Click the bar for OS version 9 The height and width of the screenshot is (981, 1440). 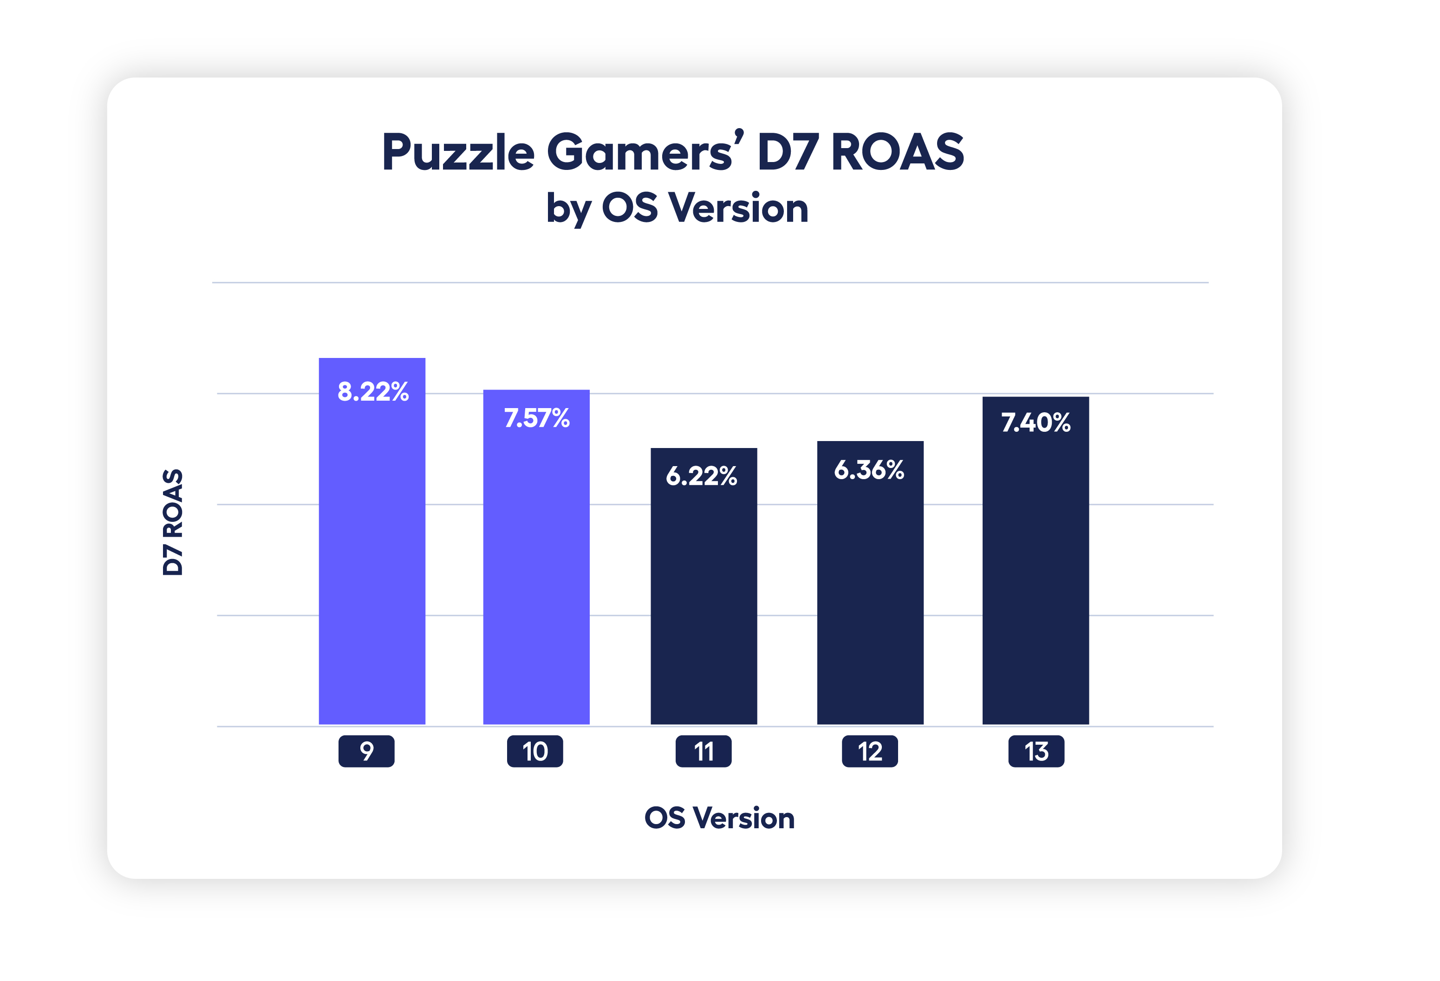coord(372,558)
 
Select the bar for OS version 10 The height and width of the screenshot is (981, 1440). coord(536,570)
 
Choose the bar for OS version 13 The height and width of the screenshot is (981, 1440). coord(1036,576)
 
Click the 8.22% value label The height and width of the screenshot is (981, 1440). coord(373,392)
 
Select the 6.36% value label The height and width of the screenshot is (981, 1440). coord(869,470)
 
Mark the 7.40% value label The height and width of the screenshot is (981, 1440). coord(1036,423)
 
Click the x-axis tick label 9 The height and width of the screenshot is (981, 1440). coord(366,751)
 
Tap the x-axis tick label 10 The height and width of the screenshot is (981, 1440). coord(535,751)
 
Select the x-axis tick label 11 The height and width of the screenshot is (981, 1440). coord(703,751)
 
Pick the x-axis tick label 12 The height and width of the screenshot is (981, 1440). coord(869,751)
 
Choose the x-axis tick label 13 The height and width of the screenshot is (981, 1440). coord(1036,751)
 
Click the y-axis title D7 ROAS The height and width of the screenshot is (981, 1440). coord(173,522)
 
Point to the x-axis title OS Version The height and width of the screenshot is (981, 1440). coord(719,818)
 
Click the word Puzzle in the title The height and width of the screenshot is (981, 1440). coord(458,153)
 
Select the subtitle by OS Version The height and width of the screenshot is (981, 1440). coord(677,208)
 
